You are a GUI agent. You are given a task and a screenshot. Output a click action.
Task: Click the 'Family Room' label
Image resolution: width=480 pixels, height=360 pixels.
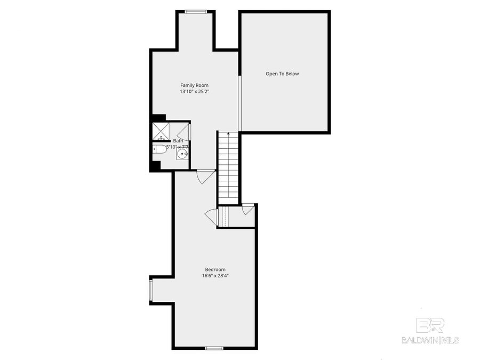194,85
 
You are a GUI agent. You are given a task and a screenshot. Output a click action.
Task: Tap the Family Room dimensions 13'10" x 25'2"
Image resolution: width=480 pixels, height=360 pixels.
194,92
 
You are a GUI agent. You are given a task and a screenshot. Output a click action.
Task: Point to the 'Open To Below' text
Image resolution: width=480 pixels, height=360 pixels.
282,74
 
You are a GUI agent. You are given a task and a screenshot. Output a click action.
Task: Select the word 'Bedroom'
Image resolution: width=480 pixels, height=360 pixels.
215,269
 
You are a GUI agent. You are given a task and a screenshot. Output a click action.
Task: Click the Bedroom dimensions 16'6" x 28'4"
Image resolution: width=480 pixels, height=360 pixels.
215,276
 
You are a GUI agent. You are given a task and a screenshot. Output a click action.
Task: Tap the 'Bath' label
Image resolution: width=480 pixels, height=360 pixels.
178,141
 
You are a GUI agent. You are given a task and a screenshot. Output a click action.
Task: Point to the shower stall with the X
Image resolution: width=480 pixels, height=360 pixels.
161,130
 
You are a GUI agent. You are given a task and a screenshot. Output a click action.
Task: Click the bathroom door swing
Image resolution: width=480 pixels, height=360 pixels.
182,131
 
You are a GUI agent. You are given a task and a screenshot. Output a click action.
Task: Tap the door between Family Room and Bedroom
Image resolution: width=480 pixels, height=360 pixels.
205,176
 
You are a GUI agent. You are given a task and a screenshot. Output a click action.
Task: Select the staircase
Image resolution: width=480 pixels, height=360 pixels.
228,168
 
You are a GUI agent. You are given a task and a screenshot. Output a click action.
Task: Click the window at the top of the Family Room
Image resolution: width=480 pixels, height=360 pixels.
196,11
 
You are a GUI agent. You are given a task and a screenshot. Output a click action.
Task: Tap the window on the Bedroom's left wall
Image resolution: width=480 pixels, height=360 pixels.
151,291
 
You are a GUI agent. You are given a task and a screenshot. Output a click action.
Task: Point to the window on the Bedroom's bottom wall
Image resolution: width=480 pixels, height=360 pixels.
214,348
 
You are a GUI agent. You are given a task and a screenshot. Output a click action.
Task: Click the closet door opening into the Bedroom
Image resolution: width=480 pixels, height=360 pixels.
211,216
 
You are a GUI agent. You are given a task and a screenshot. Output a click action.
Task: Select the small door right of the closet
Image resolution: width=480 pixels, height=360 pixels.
247,209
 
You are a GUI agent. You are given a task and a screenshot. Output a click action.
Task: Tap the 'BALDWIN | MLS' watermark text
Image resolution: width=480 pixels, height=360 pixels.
430,340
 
